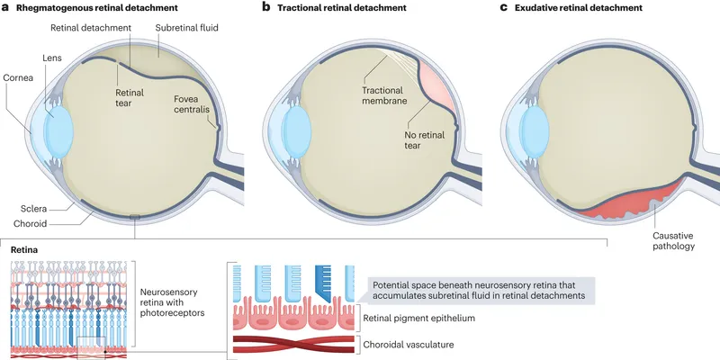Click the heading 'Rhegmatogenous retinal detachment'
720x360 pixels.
click(89, 8)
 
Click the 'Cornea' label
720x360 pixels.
click(17, 78)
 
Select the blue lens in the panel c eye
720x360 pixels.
click(534, 122)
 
